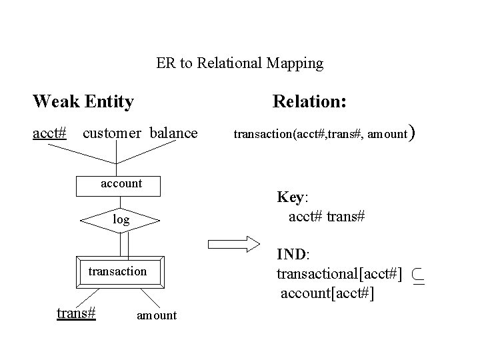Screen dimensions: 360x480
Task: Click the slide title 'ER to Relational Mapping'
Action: (239, 64)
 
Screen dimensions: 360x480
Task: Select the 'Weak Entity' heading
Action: (83, 102)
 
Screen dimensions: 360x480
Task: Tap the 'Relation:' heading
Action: (309, 102)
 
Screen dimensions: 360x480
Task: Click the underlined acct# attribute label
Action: (50, 133)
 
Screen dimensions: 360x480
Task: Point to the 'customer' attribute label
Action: (111, 133)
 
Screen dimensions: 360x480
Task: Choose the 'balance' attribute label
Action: (173, 133)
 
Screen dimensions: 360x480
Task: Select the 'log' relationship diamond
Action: (121, 219)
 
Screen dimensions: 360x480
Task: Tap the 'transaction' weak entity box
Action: (117, 271)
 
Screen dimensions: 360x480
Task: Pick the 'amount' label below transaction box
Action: (157, 315)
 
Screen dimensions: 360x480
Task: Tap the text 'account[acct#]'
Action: (327, 293)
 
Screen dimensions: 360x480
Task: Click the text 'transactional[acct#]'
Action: (339, 274)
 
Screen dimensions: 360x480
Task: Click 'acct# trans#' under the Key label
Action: (326, 217)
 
